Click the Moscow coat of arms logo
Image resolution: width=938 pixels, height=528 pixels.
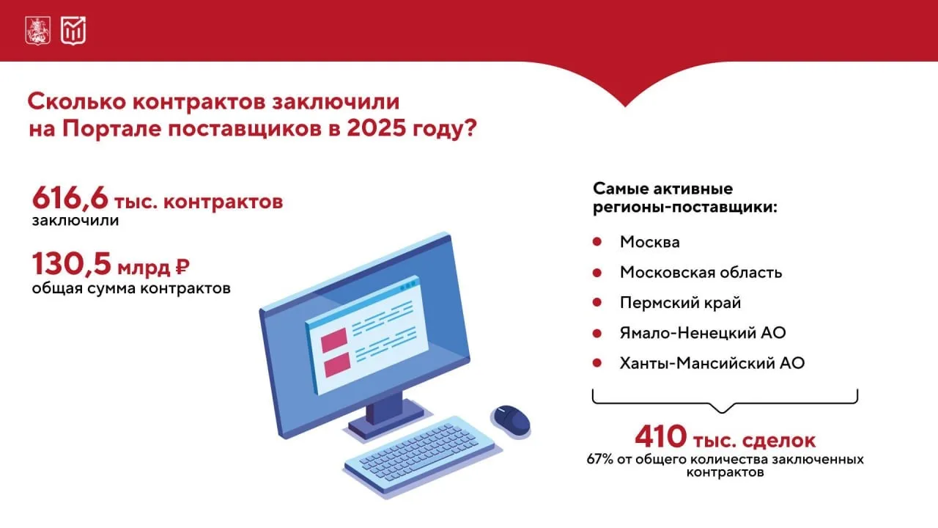(x=37, y=31)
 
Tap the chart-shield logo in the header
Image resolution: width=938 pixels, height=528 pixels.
(x=73, y=31)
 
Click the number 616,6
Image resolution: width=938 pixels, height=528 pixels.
(x=70, y=198)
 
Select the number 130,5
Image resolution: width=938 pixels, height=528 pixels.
(x=72, y=264)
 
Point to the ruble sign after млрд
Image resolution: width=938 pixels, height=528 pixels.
(x=182, y=267)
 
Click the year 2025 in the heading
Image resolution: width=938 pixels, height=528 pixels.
(x=376, y=128)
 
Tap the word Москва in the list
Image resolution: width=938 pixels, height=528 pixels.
(x=650, y=242)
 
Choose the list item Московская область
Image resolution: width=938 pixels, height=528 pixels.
(x=701, y=272)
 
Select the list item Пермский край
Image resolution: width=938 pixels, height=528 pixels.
(x=681, y=303)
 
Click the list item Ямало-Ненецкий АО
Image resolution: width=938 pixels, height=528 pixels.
(x=703, y=333)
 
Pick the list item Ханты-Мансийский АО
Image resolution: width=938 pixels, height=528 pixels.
(x=712, y=363)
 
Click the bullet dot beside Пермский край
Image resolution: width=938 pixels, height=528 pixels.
(x=597, y=302)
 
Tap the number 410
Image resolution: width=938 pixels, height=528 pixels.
(x=660, y=436)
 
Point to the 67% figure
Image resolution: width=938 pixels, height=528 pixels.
(x=599, y=459)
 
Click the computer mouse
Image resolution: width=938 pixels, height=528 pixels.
(x=511, y=421)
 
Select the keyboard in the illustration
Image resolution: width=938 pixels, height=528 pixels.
(x=420, y=455)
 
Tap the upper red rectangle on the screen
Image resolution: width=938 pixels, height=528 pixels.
(x=334, y=340)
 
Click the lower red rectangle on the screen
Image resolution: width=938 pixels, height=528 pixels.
(x=337, y=364)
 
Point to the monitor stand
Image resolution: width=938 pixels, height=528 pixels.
(x=385, y=417)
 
